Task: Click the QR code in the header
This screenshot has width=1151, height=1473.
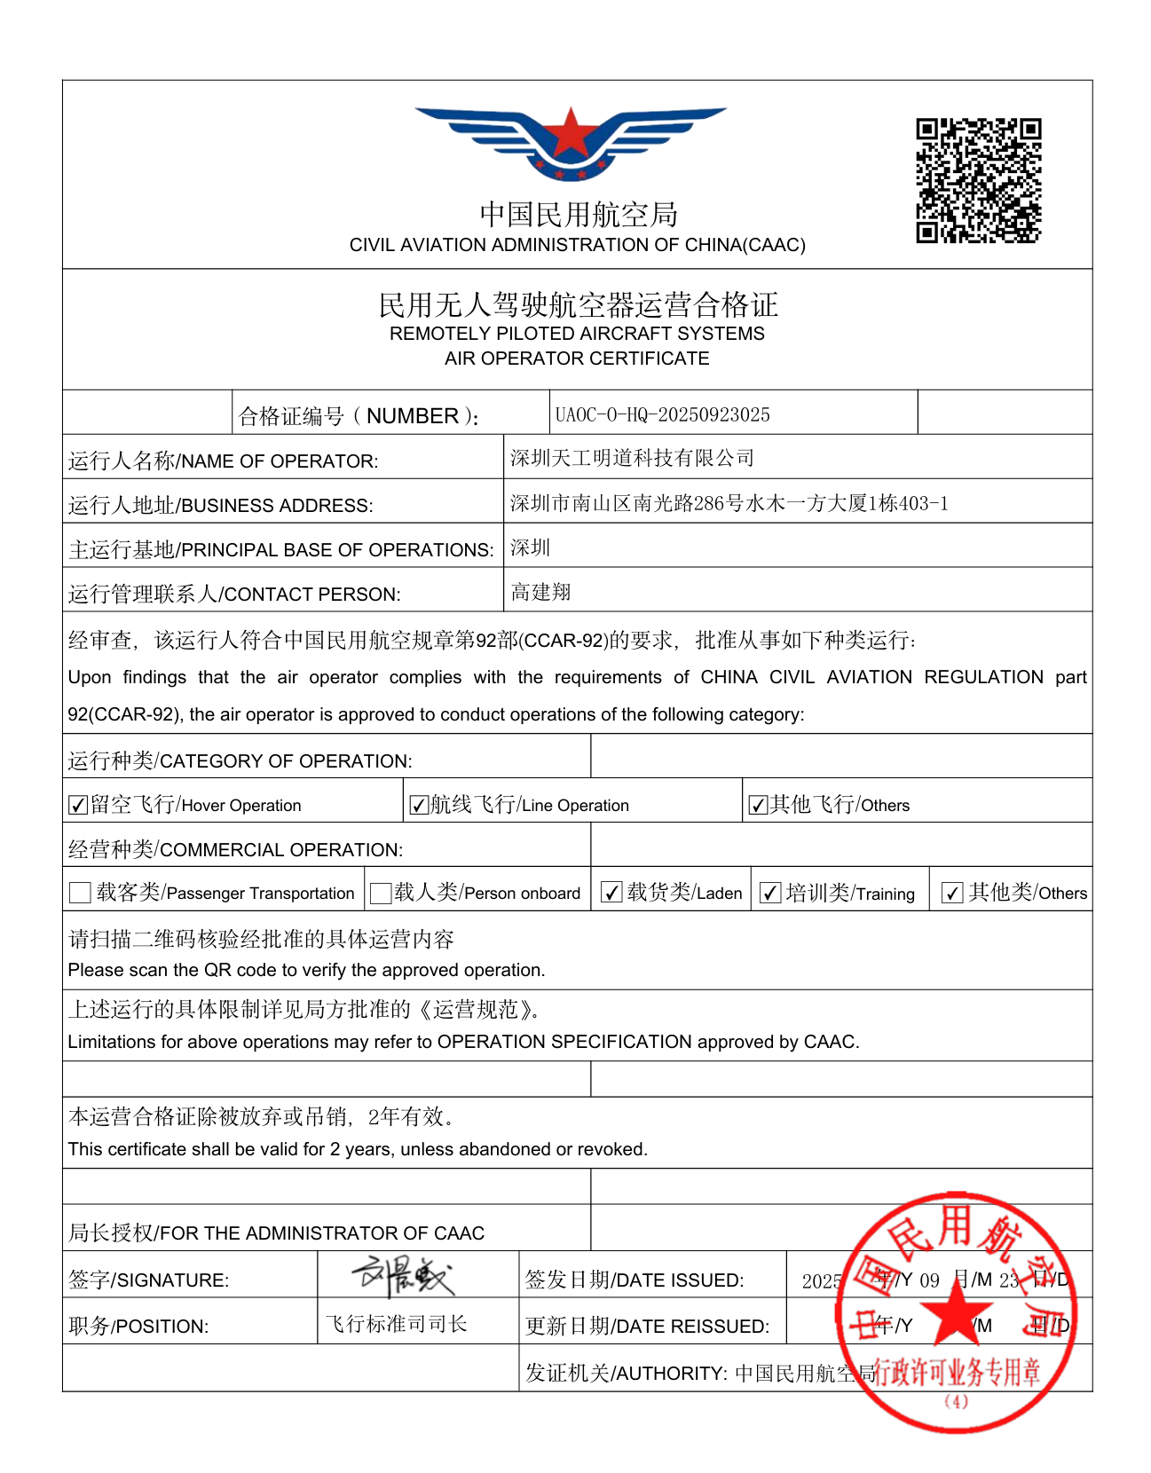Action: click(x=978, y=180)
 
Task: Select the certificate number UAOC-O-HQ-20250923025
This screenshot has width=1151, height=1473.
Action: click(x=662, y=414)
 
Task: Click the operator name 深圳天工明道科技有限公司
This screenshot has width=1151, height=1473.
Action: click(x=632, y=458)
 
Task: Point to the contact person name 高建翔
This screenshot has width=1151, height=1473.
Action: click(x=540, y=592)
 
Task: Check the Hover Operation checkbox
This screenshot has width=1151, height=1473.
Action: click(x=78, y=805)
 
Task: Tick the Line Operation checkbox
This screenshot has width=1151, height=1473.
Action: click(x=419, y=805)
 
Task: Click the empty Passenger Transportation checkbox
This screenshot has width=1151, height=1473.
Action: click(x=80, y=893)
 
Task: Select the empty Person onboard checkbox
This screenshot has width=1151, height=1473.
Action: click(x=381, y=893)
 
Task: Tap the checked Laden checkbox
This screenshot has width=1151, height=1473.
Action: click(x=611, y=893)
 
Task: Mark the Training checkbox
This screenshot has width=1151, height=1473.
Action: click(x=770, y=893)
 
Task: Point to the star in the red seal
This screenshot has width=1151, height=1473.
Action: click(x=957, y=1310)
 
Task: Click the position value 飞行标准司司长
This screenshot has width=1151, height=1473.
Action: click(x=396, y=1324)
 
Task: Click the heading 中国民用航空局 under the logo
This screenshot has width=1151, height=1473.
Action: click(x=578, y=214)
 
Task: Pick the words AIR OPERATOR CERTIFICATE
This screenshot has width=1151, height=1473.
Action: click(x=577, y=358)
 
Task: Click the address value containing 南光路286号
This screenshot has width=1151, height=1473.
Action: click(x=729, y=503)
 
